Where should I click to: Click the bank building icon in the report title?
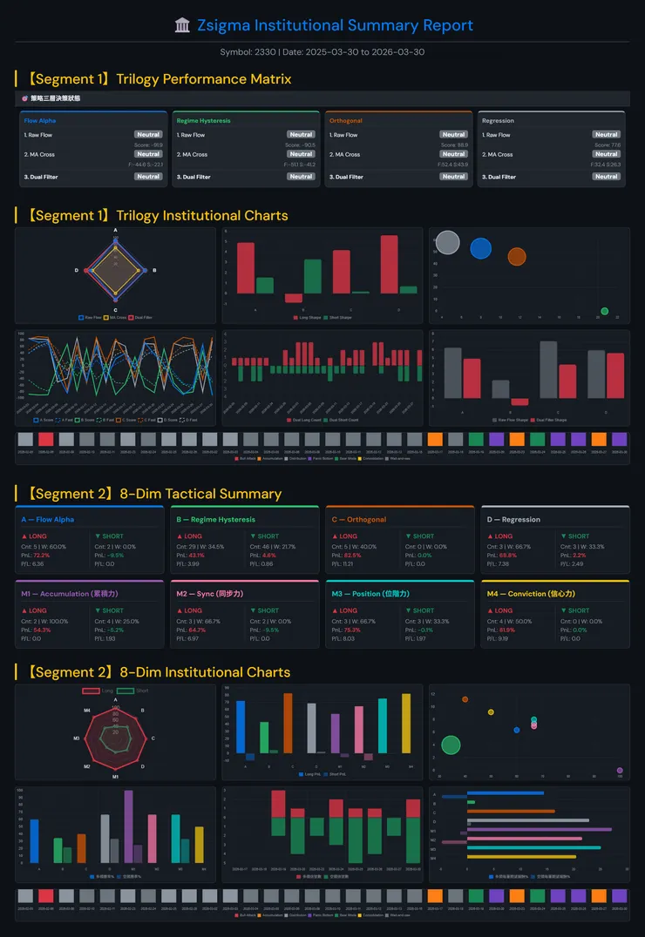click(182, 26)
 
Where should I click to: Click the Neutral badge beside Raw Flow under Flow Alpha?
click(148, 135)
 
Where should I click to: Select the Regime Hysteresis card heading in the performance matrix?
click(203, 120)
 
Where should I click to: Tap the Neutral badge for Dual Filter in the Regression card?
click(606, 177)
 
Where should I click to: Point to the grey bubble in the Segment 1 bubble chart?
click(447, 242)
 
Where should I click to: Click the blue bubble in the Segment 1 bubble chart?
click(481, 248)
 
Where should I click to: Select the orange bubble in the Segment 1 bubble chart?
click(517, 256)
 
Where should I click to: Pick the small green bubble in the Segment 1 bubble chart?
click(605, 311)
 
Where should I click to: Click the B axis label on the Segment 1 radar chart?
click(154, 270)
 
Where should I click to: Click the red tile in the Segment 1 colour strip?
click(46, 440)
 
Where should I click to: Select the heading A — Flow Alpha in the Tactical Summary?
click(48, 520)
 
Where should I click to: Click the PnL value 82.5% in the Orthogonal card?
click(352, 555)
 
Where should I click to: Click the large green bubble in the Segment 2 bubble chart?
click(451, 745)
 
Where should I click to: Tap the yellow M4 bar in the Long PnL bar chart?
click(406, 725)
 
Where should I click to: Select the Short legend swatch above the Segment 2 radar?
click(126, 691)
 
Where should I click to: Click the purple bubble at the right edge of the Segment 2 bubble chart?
click(620, 770)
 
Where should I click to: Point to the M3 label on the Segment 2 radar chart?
click(77, 738)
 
